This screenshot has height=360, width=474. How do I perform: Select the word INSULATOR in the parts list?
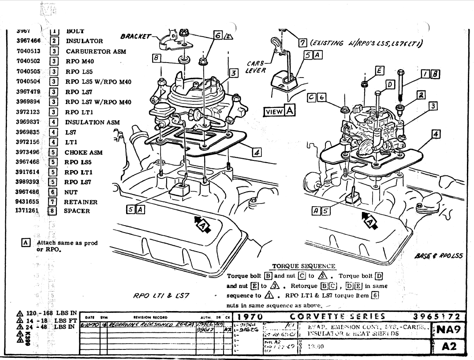84,41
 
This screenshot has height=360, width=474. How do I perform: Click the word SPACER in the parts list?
77,211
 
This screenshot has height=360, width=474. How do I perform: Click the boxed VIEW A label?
279,111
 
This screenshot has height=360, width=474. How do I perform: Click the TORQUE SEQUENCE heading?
303,266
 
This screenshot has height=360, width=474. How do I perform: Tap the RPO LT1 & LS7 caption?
161,295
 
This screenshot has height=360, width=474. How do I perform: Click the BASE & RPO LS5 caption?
438,255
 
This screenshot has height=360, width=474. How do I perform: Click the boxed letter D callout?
390,83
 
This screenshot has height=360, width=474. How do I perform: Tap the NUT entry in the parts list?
71,192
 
